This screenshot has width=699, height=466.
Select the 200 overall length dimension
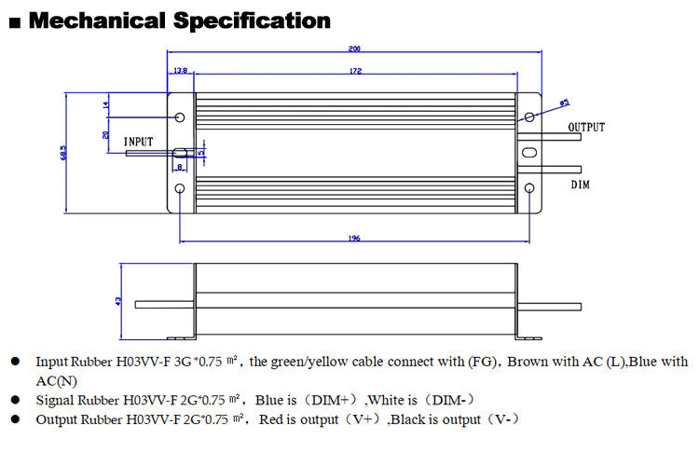coord(355,49)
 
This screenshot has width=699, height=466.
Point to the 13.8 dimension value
coord(180,71)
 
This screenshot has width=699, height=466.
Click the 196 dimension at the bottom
coord(354,239)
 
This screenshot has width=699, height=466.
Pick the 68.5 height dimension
coord(61,152)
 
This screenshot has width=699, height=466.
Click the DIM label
coord(581,185)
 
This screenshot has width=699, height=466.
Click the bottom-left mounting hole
coord(180,188)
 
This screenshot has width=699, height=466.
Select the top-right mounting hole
coord(529,117)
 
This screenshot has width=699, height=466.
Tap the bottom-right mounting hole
coord(529,188)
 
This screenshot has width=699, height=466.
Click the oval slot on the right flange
coord(529,153)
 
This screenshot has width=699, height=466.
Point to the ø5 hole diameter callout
coord(564,103)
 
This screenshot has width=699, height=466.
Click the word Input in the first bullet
coord(51,362)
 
